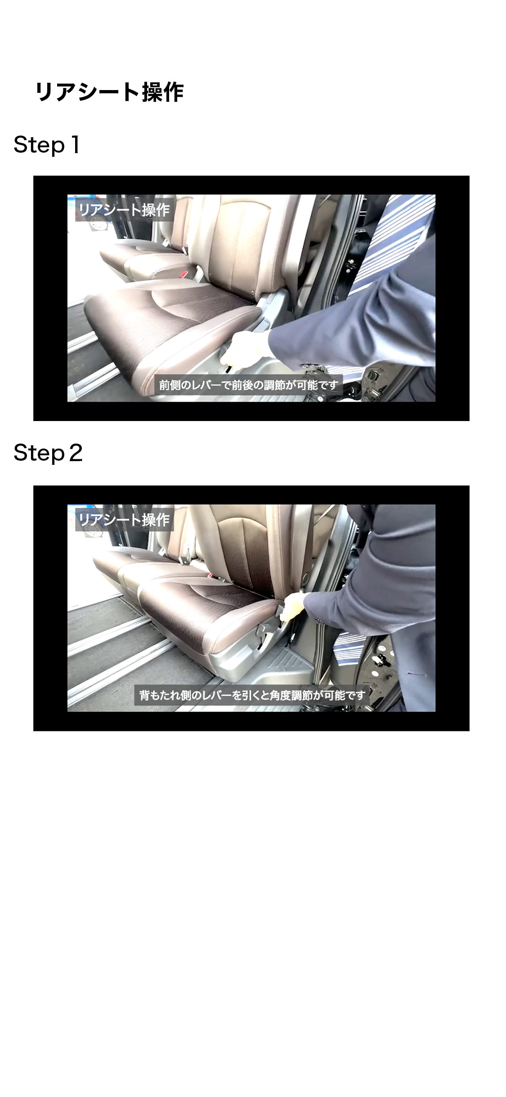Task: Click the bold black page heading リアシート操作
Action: (x=109, y=92)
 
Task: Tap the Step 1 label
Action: (x=47, y=145)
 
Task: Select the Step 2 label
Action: (x=48, y=453)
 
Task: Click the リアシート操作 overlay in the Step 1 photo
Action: (x=124, y=209)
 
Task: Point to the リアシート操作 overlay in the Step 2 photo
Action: (x=124, y=520)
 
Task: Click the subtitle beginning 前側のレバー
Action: (x=248, y=385)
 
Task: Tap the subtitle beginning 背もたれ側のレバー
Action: (x=252, y=695)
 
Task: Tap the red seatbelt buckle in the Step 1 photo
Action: (x=185, y=274)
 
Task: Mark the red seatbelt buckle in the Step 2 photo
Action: (x=209, y=576)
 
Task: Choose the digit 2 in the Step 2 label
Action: (x=76, y=453)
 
